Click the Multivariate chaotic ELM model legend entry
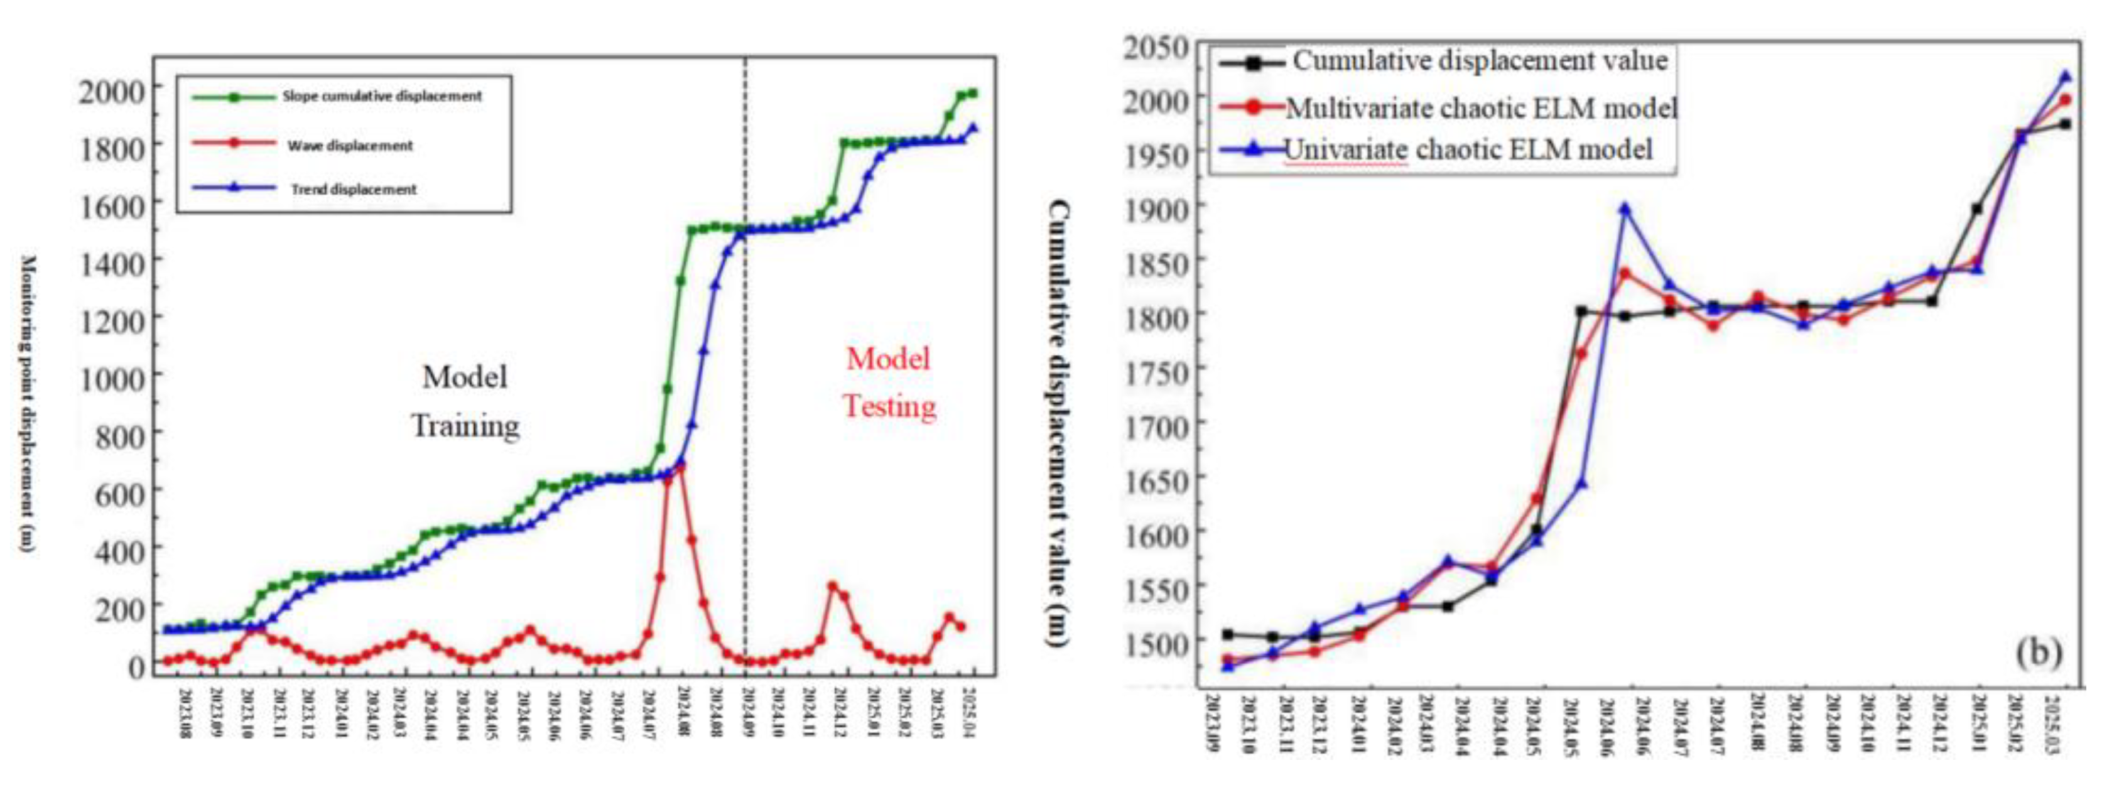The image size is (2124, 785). click(1481, 108)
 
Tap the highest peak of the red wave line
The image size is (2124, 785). click(681, 467)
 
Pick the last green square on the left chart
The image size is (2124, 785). click(973, 93)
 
